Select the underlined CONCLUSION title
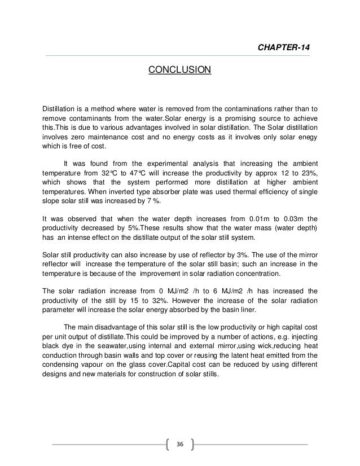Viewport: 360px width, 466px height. coord(179,70)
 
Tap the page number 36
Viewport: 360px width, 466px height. coord(180,445)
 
